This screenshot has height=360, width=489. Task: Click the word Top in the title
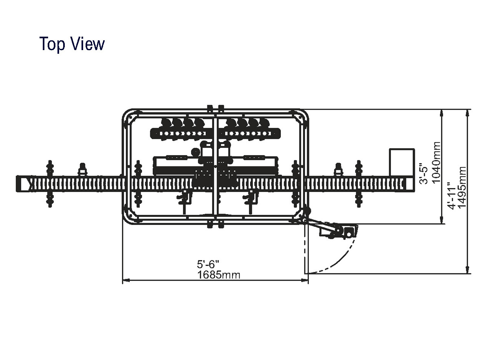click(x=52, y=44)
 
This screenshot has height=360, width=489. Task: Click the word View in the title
click(x=88, y=44)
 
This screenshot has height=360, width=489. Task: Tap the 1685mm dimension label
click(x=218, y=275)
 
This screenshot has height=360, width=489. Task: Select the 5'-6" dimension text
click(x=208, y=264)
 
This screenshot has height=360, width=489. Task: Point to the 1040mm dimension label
click(x=436, y=162)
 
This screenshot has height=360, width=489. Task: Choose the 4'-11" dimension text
click(x=452, y=196)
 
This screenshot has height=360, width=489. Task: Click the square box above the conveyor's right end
click(x=402, y=162)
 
